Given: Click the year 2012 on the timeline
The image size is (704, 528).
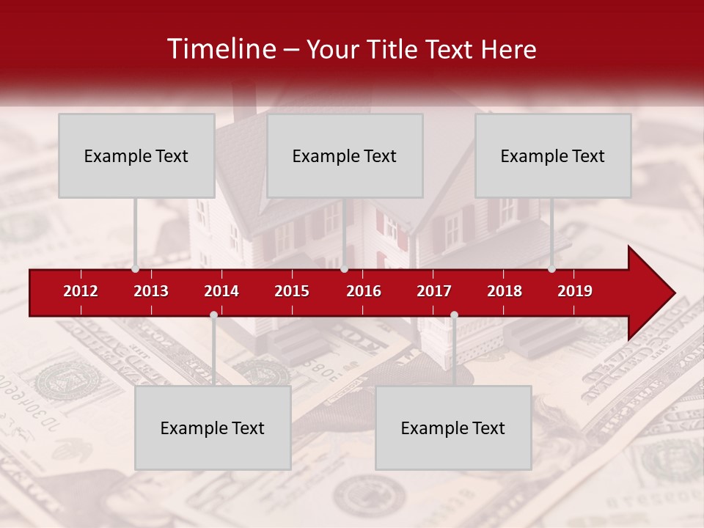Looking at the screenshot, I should [x=81, y=291].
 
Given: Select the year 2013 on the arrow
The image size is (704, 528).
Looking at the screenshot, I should [x=151, y=291].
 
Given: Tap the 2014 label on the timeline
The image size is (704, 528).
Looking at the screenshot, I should [x=221, y=291].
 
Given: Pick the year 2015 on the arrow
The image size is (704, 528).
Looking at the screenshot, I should [x=292, y=291].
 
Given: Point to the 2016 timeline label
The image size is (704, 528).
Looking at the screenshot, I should [x=364, y=291].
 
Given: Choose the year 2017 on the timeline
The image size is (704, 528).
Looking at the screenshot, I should [x=434, y=291].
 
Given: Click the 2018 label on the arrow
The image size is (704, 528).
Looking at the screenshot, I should [x=505, y=291].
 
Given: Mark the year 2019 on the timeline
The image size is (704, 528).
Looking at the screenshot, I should [x=575, y=291].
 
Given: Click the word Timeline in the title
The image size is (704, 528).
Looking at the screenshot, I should [x=221, y=49].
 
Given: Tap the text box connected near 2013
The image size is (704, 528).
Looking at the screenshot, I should [x=136, y=155].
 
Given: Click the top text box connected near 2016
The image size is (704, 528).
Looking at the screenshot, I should [x=345, y=155].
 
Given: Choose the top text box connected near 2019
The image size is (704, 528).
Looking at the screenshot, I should [x=553, y=155].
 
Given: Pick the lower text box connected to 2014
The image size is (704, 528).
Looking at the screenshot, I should [x=213, y=428].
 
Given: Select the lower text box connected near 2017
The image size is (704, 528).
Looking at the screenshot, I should [x=453, y=428].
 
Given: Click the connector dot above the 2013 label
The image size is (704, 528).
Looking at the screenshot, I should [x=136, y=269].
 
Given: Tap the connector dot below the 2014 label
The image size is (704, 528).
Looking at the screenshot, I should [x=213, y=315].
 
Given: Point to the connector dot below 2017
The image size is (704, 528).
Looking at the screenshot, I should [x=454, y=315].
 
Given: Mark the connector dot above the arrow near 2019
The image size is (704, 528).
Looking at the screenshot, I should [x=552, y=269].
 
